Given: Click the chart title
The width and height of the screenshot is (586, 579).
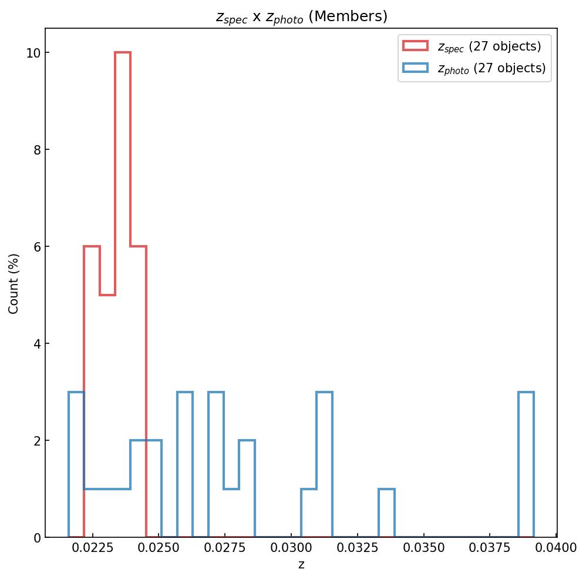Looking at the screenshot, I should pyautogui.click(x=301, y=16).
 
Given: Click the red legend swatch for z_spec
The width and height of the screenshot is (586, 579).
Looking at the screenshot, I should pyautogui.click(x=415, y=46).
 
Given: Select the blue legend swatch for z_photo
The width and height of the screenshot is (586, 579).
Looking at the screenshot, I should pyautogui.click(x=415, y=68).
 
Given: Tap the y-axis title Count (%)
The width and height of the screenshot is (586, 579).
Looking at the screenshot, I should pyautogui.click(x=14, y=283).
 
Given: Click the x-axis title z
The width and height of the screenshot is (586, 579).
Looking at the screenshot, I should pyautogui.click(x=301, y=565).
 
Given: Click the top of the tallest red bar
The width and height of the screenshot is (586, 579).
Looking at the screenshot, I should pyautogui.click(x=123, y=53).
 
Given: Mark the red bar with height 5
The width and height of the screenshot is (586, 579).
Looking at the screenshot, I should pyautogui.click(x=107, y=411).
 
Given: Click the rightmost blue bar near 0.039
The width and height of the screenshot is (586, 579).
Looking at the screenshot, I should pyautogui.click(x=526, y=464).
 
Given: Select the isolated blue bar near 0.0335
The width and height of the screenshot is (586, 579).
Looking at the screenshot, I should pyautogui.click(x=386, y=513).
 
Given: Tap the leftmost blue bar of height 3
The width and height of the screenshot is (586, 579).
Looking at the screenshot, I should pyautogui.click(x=76, y=464).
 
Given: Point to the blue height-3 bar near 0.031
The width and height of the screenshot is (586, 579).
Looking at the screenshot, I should pyautogui.click(x=324, y=464).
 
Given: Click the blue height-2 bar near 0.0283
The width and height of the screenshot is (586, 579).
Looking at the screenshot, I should pyautogui.click(x=247, y=488).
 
